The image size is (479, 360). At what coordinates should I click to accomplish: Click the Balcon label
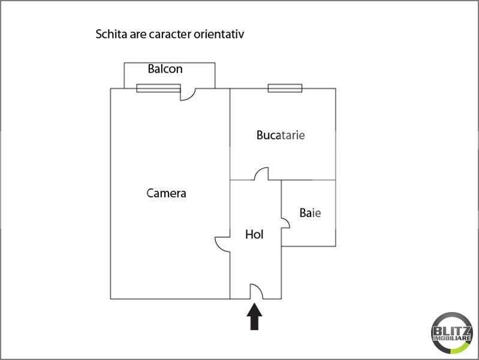(x=165, y=69)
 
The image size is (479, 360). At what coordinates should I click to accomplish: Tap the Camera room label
(x=166, y=193)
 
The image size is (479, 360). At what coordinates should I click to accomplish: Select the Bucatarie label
(x=281, y=135)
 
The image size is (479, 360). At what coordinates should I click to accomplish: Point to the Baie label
(x=310, y=213)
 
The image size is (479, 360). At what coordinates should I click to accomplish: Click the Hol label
(x=254, y=235)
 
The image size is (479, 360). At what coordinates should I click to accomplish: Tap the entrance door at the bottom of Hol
(x=256, y=292)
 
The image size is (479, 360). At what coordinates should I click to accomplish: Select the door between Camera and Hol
(x=223, y=243)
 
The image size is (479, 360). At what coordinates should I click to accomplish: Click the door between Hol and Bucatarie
(x=261, y=174)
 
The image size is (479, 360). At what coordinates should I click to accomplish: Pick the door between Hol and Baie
(x=286, y=223)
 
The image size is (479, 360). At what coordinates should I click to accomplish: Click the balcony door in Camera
(x=189, y=94)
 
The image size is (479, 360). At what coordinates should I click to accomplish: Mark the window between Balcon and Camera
(x=158, y=89)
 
